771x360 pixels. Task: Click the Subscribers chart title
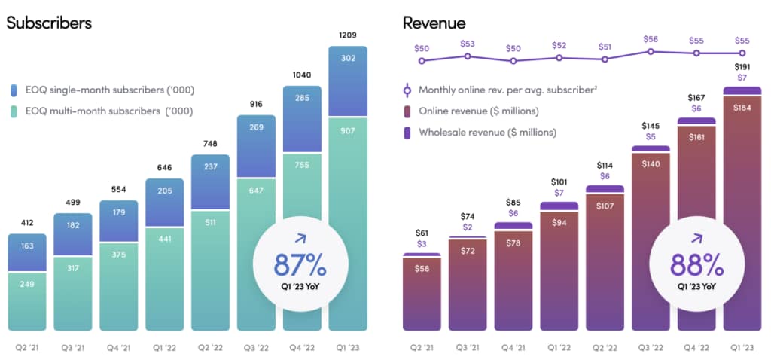[49, 23]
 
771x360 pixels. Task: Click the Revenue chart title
[434, 23]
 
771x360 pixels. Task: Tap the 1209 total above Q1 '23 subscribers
[348, 35]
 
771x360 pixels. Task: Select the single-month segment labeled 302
[348, 81]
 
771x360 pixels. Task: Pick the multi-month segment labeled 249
[27, 301]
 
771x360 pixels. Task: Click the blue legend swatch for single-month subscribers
[14, 90]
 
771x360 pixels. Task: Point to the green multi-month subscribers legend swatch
[14, 111]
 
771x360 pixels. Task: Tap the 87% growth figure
[300, 264]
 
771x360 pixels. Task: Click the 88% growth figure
[696, 264]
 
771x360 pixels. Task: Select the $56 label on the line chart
[651, 39]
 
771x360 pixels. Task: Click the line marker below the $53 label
[468, 56]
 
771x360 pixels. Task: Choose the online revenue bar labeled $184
[742, 213]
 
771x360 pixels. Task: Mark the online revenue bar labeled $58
[422, 294]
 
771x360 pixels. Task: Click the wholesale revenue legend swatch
[407, 133]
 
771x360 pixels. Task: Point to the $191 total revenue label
[742, 67]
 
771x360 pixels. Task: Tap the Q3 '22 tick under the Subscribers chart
[256, 348]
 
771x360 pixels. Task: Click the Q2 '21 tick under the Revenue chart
[422, 348]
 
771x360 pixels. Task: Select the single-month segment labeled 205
[165, 202]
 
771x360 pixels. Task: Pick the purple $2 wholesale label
[468, 227]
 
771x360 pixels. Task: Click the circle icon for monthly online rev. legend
[407, 90]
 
